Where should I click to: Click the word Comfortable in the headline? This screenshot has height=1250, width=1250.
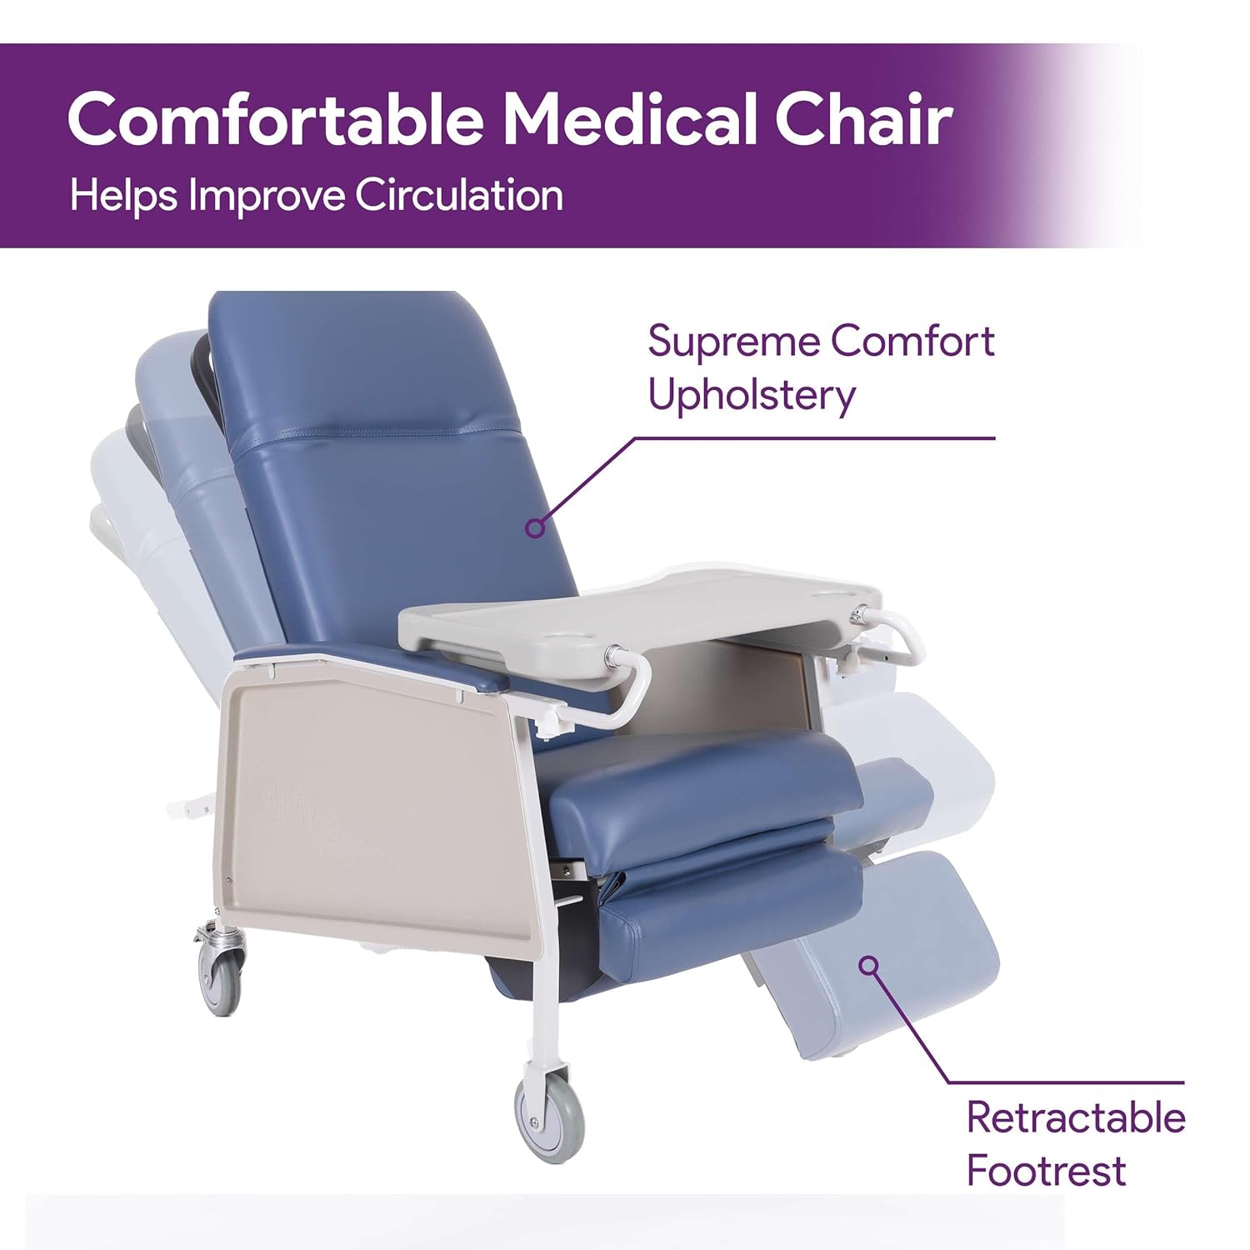[x=275, y=119]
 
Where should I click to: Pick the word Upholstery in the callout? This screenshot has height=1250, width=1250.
[x=752, y=395]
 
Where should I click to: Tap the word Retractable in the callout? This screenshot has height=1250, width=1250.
[x=1075, y=1117]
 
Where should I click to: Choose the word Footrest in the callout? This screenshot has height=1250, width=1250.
[x=1046, y=1171]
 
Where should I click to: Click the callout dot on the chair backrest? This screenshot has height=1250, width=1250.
[x=536, y=527]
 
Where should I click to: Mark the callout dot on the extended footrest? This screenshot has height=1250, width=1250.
[x=869, y=966]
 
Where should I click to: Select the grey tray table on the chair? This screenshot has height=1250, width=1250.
[x=633, y=612]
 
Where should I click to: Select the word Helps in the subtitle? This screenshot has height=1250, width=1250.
[x=123, y=197]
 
